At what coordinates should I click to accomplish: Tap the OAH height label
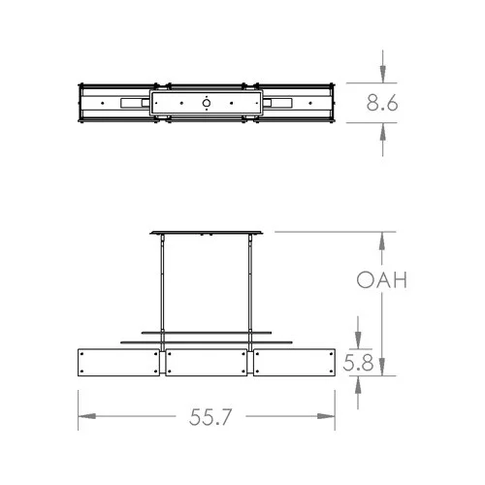(379, 281)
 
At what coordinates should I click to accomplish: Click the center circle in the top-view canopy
(207, 102)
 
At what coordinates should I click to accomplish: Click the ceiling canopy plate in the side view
(207, 233)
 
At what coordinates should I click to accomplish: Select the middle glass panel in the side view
(207, 364)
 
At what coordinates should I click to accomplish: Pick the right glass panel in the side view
(293, 364)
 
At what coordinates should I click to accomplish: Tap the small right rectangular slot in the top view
(281, 102)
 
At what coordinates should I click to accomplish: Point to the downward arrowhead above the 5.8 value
(361, 339)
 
